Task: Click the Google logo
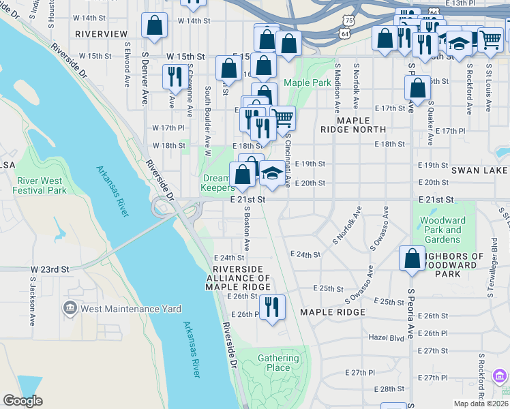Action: pos(22,401)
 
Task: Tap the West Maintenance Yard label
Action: pos(131,309)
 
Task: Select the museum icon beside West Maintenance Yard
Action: pos(70,309)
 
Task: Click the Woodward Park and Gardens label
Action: pos(442,230)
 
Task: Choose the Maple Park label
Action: pos(307,82)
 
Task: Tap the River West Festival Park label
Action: pos(42,185)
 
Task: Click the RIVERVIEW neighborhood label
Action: pos(101,33)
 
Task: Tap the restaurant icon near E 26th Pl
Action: pos(272,307)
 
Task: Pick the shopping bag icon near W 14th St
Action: pos(155,26)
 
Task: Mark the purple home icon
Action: pos(500,376)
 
